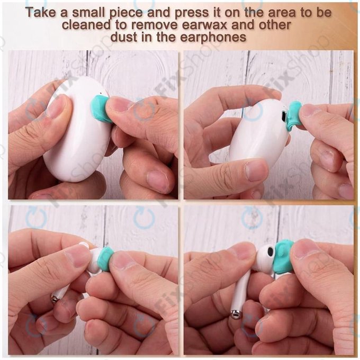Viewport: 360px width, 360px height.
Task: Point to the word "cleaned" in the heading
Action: pyautogui.click(x=86, y=25)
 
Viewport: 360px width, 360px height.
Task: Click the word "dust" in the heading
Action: pyautogui.click(x=124, y=37)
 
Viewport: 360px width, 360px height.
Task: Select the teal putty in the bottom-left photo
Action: pyautogui.click(x=105, y=259)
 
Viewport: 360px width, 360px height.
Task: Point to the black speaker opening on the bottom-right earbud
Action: pyautogui.click(x=270, y=253)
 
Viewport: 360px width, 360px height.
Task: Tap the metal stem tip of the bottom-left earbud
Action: pyautogui.click(x=55, y=299)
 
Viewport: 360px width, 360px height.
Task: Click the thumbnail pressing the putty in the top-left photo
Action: pyautogui.click(x=117, y=103)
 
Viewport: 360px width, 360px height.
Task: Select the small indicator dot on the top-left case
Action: pyautogui.click(x=101, y=94)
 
